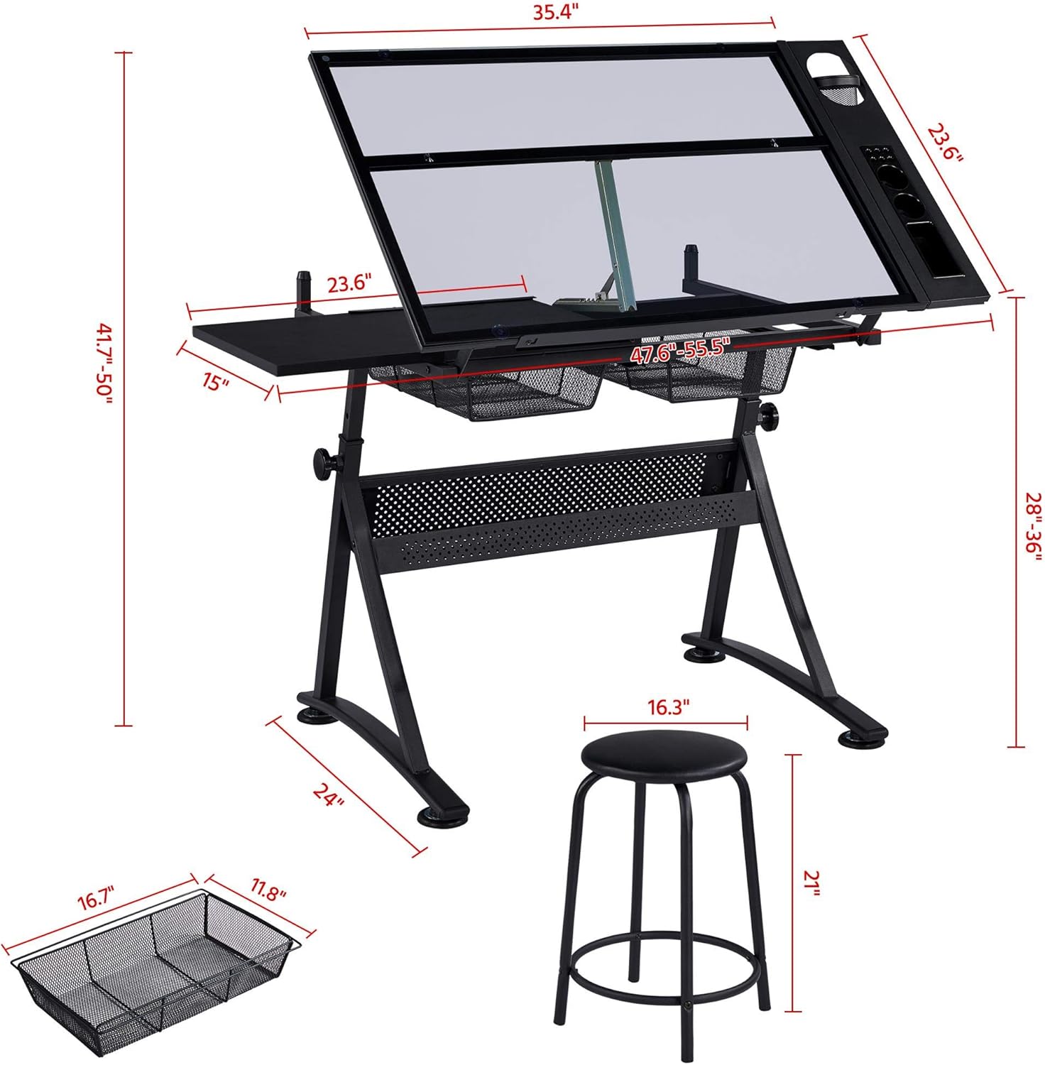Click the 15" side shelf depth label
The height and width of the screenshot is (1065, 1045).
point(215,383)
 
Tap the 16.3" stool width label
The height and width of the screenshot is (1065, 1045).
point(668,707)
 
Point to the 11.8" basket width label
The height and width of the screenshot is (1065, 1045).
point(268,891)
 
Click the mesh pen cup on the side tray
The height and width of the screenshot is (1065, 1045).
point(838,90)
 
